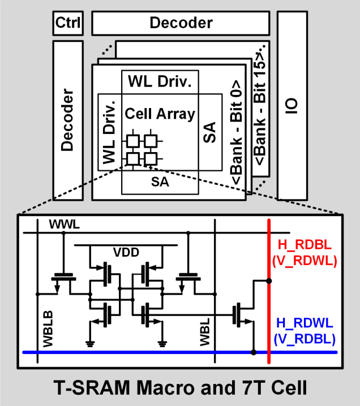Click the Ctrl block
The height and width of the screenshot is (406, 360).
[68, 23]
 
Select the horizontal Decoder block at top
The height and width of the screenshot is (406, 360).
[181, 23]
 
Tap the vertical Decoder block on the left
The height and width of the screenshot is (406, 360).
[68, 120]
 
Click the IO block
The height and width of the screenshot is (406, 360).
[292, 105]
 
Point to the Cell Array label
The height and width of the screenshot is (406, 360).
[160, 114]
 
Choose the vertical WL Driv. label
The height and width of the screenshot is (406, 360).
[109, 130]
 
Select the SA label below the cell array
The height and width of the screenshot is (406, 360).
[160, 182]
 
